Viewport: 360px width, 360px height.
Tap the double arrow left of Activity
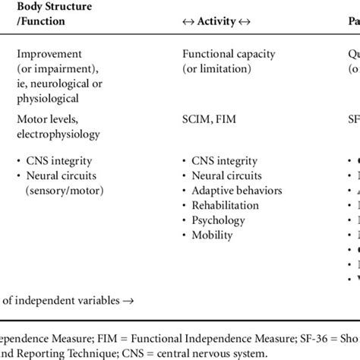point(190,22)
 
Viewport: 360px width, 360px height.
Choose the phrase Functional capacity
point(229,54)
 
